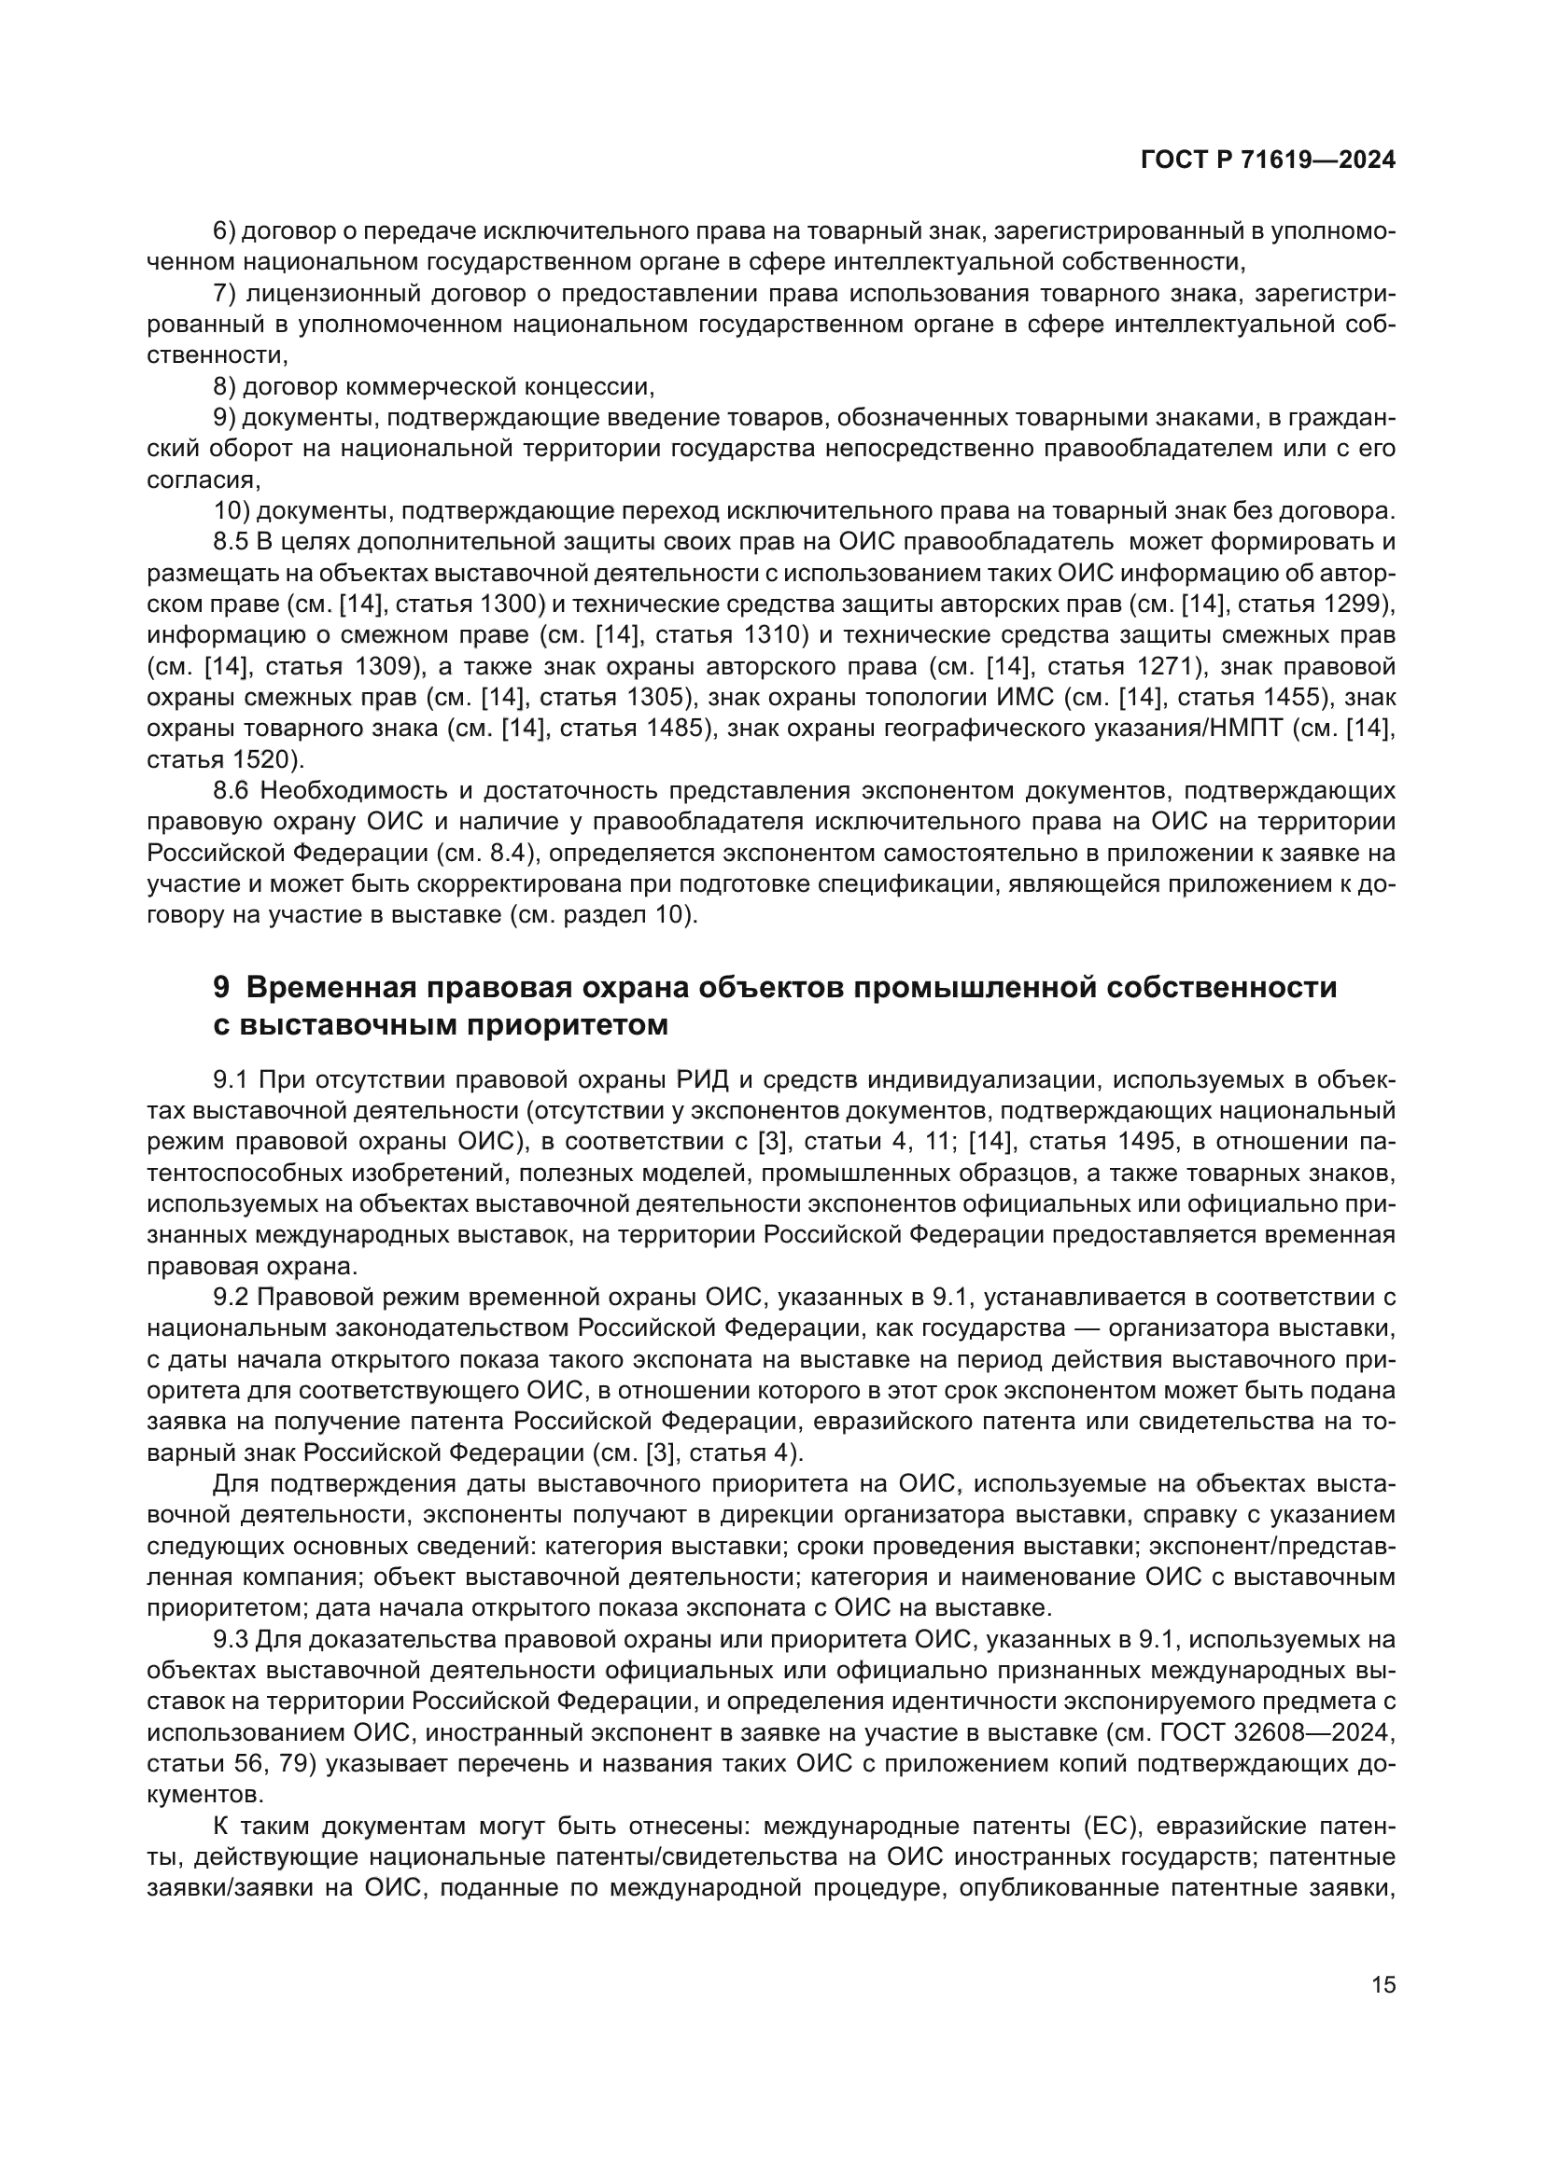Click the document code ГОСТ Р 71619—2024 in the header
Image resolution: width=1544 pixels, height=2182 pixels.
1268,160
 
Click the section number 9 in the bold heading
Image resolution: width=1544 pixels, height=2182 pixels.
220,988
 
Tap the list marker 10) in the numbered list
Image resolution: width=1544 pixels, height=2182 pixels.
231,511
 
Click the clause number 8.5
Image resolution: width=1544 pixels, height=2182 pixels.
231,543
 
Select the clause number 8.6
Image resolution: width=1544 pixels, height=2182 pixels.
231,791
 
